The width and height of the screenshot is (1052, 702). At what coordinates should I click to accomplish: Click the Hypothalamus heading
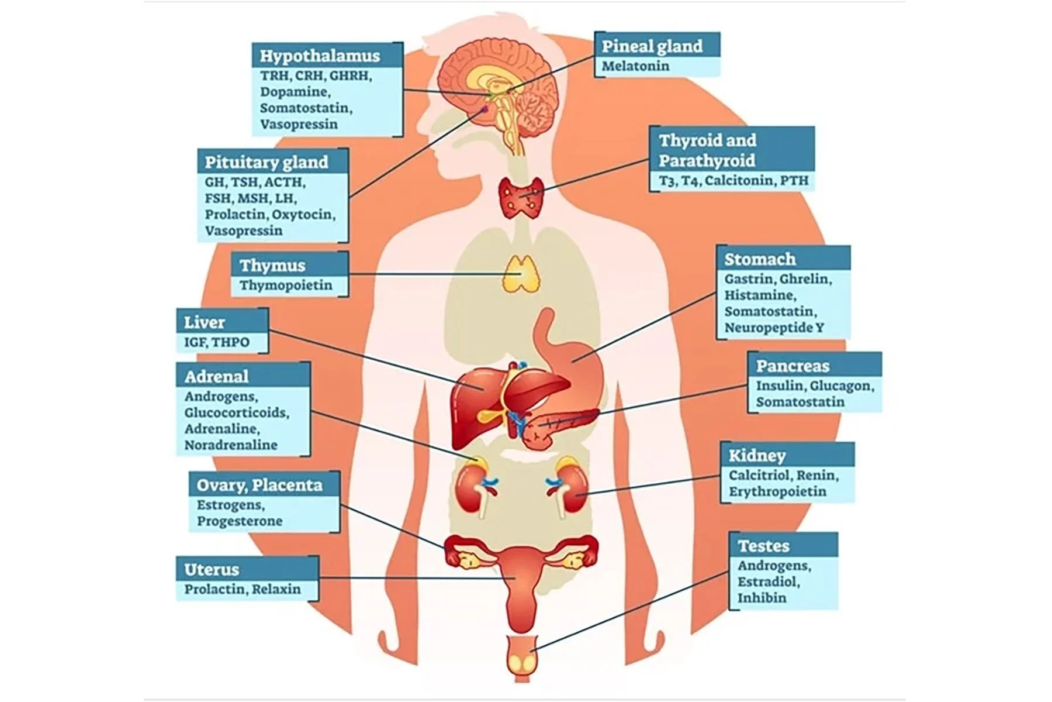pos(320,56)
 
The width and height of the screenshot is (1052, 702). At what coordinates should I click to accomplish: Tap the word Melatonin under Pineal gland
pos(635,66)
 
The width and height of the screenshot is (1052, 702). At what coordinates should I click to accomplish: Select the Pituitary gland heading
pos(266,162)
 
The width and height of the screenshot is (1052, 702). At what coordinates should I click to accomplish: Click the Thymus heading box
pos(272,266)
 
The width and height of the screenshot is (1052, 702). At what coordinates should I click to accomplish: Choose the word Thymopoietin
pos(286,285)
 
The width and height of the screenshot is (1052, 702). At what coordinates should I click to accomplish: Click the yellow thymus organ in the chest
pos(521,273)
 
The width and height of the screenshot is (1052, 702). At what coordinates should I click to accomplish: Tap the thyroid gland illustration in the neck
pos(521,198)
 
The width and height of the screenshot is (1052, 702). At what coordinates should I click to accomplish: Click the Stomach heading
pos(760,259)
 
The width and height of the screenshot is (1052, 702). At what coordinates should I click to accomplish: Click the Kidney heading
pos(757,456)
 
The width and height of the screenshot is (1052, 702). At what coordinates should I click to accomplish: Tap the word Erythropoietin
pos(777,491)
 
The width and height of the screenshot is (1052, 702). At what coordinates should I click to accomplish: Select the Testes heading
pos(763,546)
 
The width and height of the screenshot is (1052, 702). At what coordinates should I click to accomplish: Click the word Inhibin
pos(762,598)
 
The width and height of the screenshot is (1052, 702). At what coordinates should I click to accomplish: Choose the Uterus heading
pos(212,569)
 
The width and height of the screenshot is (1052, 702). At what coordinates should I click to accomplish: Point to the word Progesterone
pos(240,521)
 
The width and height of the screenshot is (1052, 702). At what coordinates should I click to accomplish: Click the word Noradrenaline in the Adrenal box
pos(231,445)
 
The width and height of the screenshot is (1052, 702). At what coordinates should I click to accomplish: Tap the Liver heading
pos(204,322)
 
